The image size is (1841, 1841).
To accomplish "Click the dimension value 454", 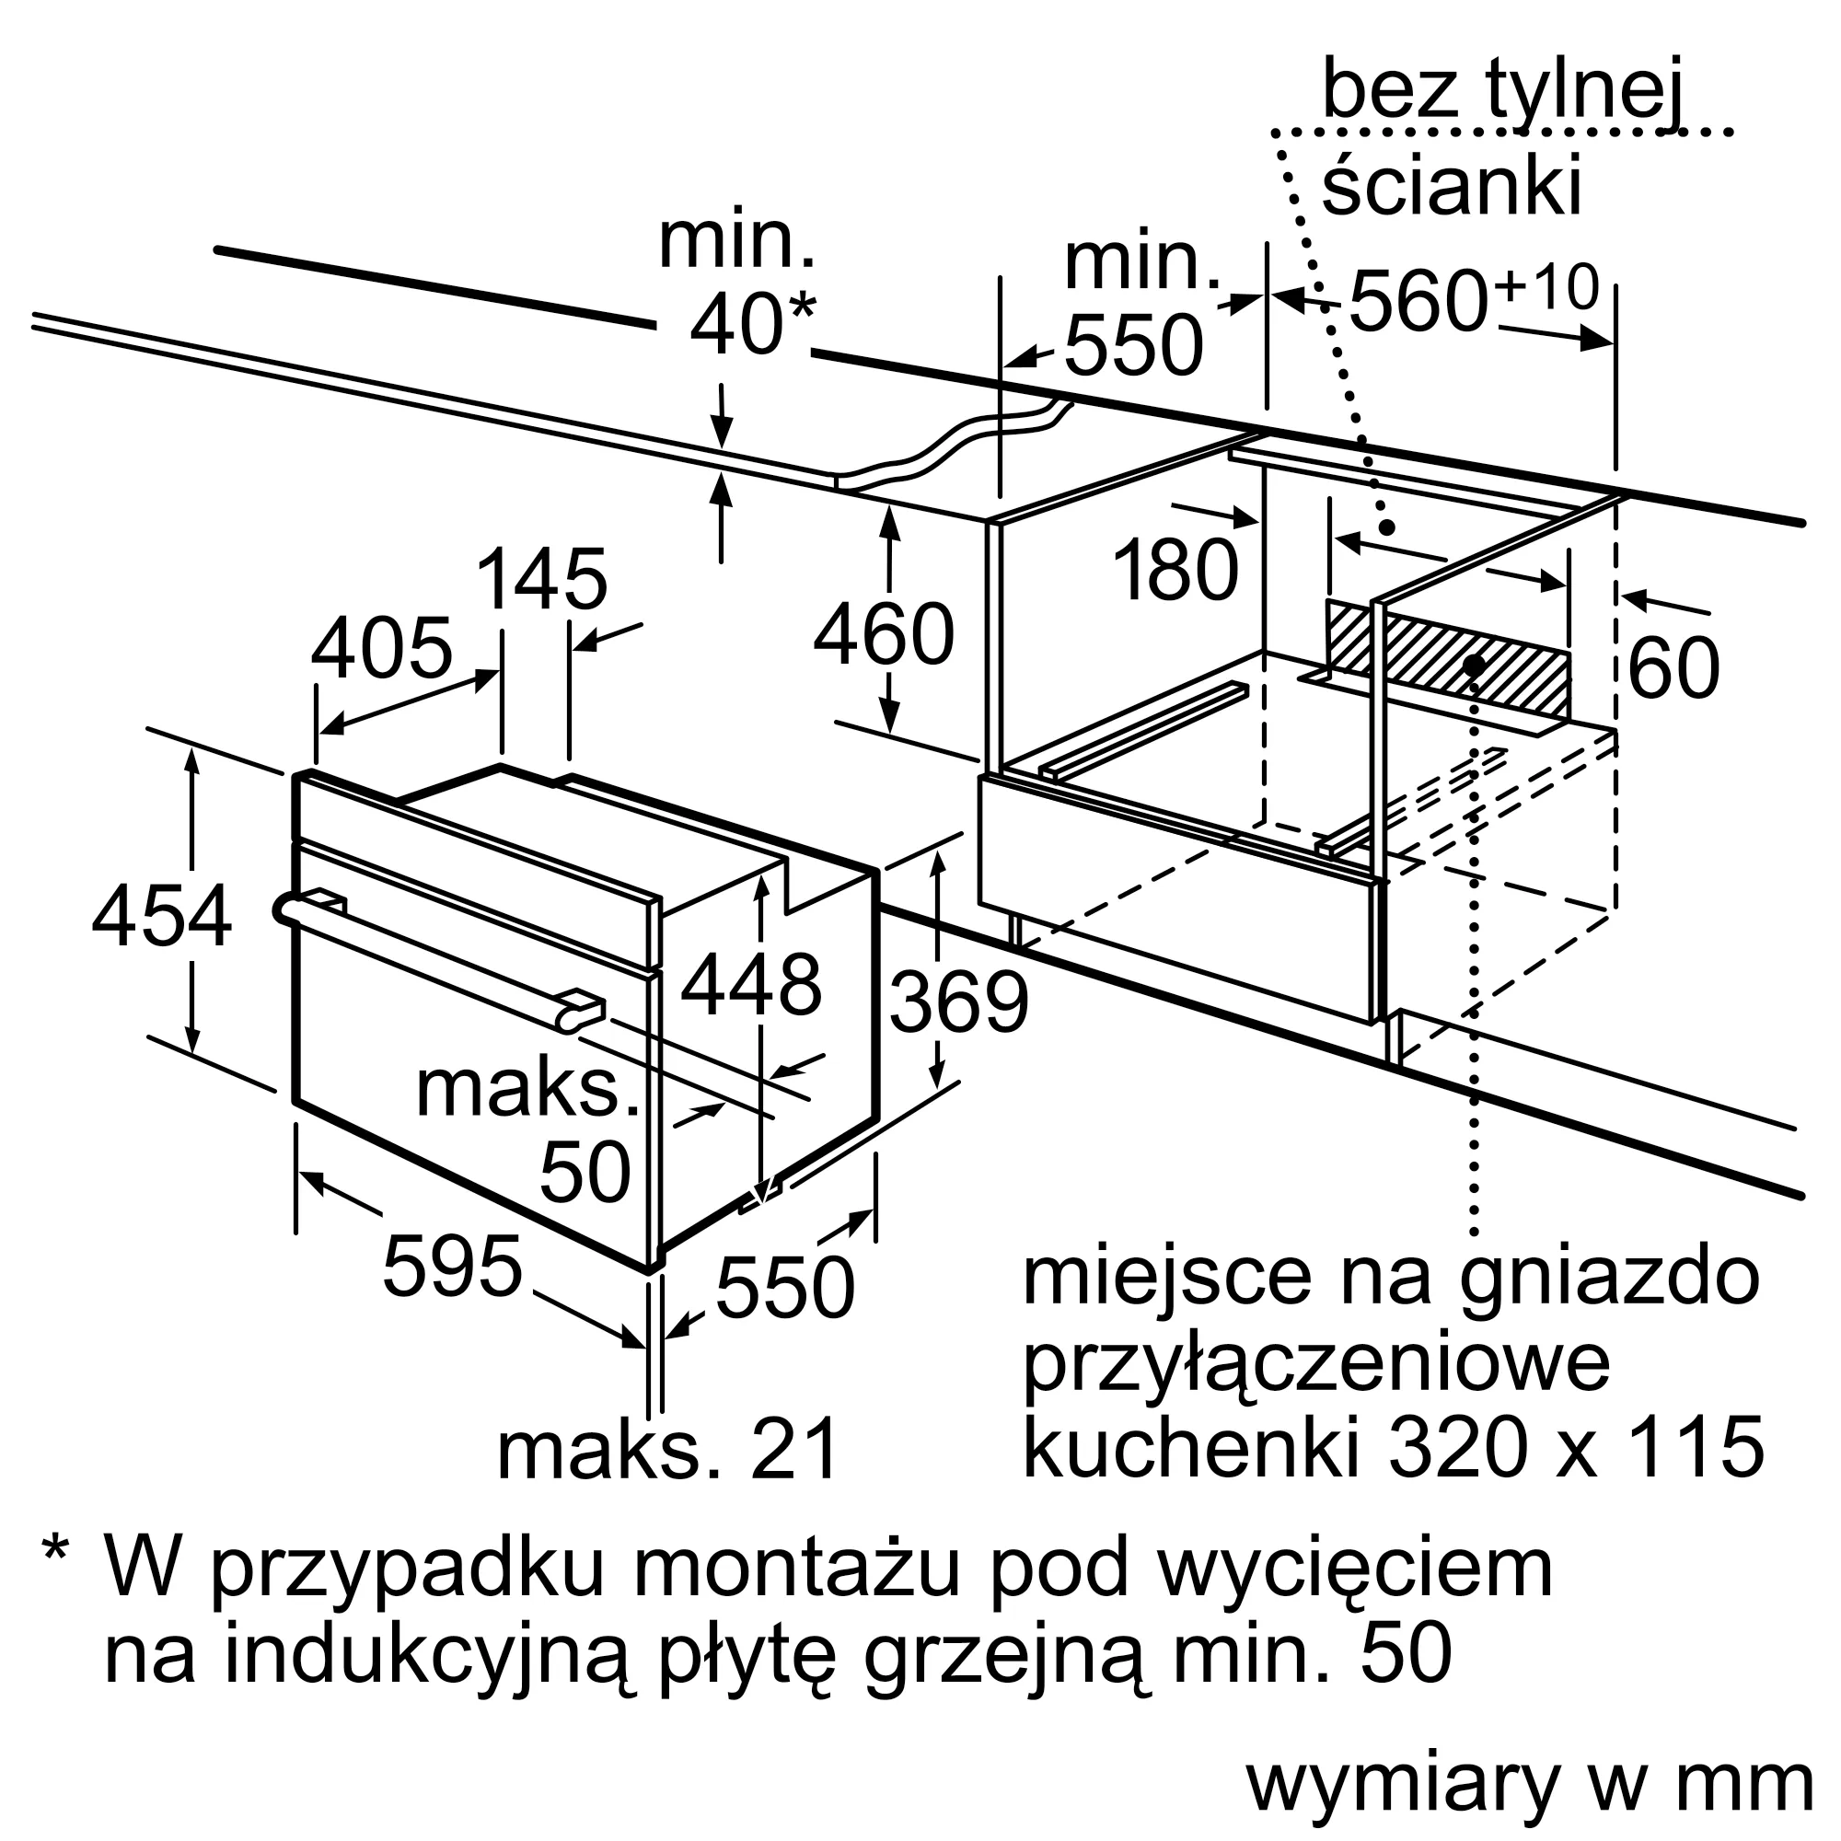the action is click(161, 916).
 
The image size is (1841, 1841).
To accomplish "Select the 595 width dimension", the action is click(452, 1267).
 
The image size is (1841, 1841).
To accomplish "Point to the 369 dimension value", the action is click(958, 1002).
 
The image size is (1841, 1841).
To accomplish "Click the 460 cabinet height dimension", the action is click(884, 634).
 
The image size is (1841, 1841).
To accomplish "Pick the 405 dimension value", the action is click(381, 649).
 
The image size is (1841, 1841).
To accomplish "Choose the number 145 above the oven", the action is click(540, 579).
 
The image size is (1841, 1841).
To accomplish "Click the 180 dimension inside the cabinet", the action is click(1175, 570).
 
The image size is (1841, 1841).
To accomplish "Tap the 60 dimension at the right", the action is click(1673, 668).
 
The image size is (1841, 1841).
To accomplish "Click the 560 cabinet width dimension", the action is click(1419, 300).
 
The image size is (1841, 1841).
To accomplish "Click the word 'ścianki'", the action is click(1452, 187).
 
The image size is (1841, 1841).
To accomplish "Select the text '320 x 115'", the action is click(1575, 1448).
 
